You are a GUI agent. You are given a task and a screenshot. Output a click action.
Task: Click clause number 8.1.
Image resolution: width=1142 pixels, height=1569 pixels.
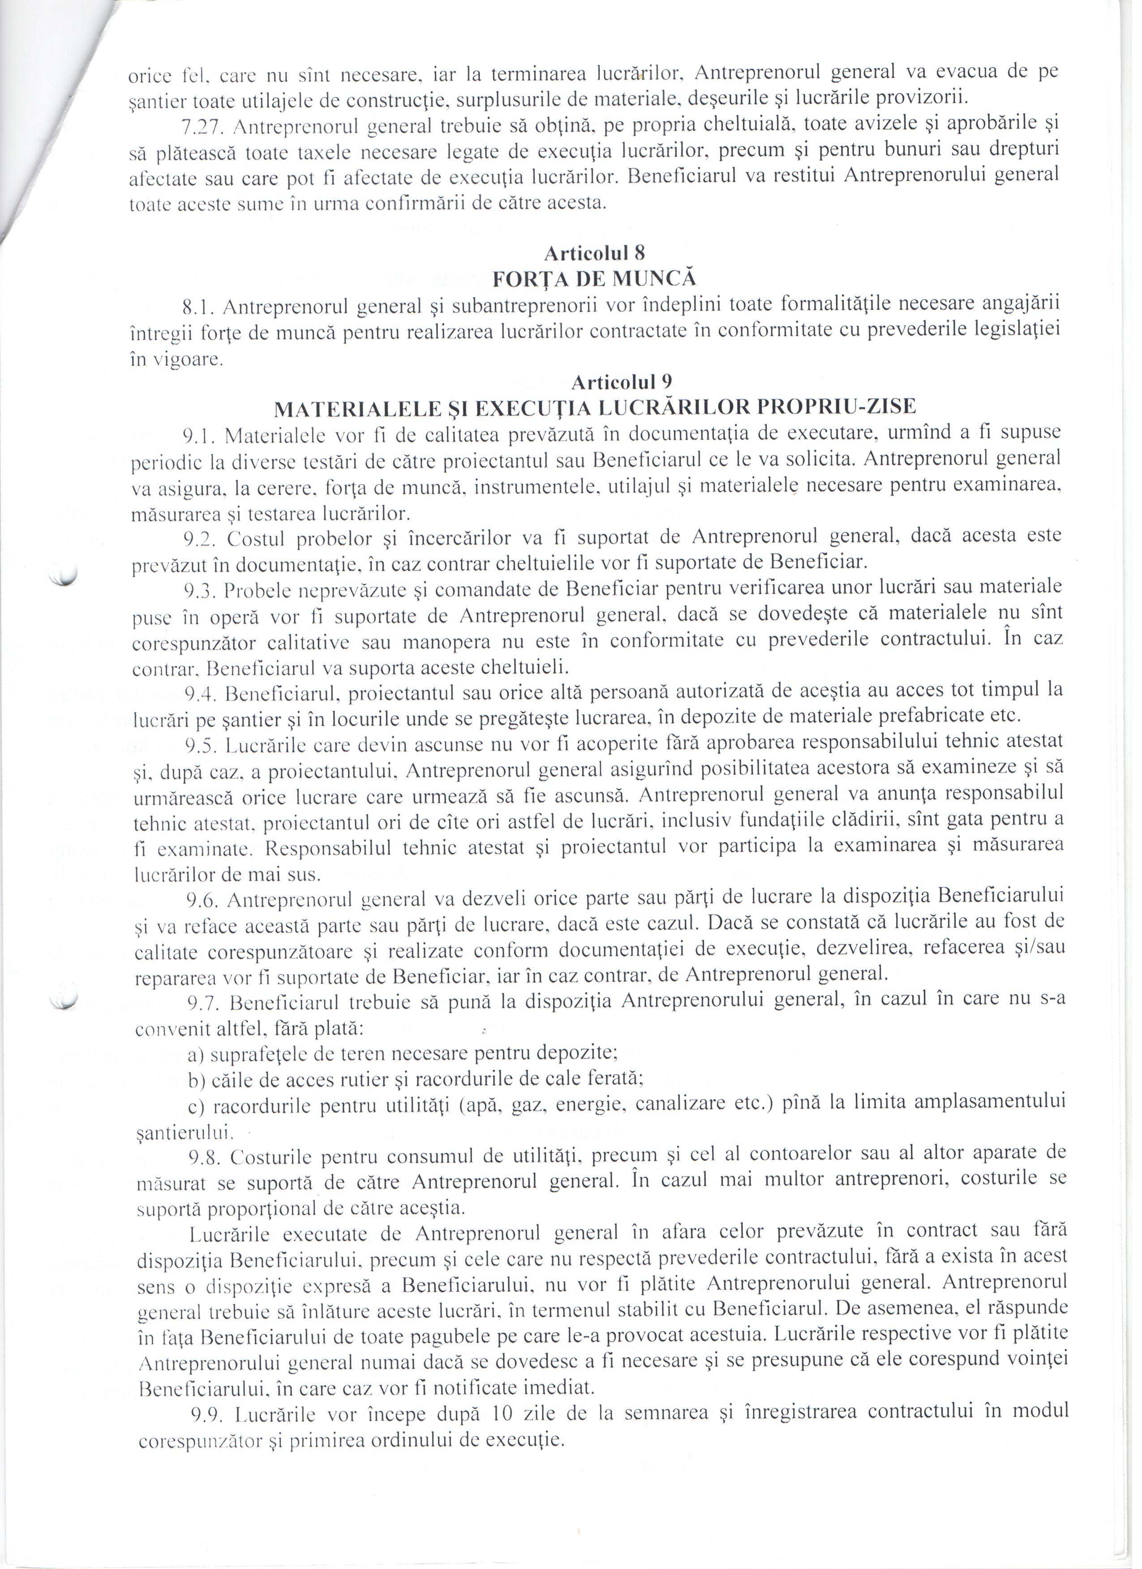(x=200, y=307)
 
